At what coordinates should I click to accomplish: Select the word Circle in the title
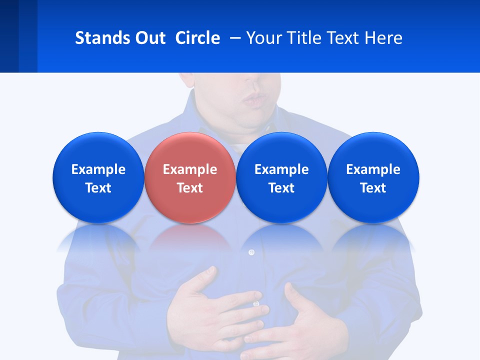click(197, 38)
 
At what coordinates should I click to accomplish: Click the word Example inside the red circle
click(190, 169)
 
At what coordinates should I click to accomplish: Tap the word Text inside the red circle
click(190, 188)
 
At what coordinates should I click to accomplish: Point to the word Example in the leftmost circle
click(98, 169)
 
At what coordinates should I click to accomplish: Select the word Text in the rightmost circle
click(373, 188)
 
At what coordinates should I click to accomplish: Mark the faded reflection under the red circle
click(189, 237)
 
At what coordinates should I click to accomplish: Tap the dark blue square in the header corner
click(9, 36)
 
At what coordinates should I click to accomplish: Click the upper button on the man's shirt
click(251, 252)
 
